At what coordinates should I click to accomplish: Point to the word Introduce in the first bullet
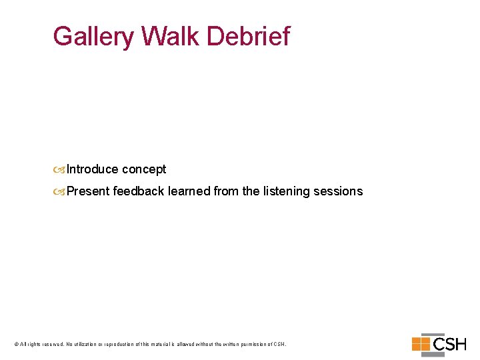point(93,169)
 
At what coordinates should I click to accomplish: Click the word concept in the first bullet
point(144,170)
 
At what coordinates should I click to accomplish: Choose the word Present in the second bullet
point(88,191)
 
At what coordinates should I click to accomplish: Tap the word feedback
point(139,191)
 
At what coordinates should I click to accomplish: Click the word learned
point(189,191)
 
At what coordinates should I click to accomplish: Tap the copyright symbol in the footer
point(16,344)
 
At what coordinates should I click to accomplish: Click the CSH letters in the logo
point(449,345)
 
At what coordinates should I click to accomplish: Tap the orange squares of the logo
point(421,344)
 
